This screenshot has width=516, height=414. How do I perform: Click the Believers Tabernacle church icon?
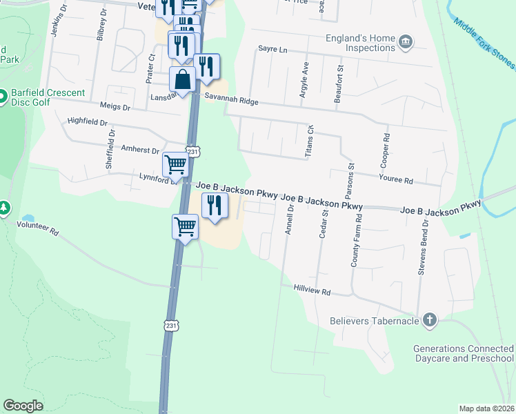[x=429, y=319]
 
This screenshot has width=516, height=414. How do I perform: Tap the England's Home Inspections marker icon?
[x=406, y=43]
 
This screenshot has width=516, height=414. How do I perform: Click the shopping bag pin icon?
[x=183, y=79]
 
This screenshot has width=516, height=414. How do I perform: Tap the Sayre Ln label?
[x=271, y=50]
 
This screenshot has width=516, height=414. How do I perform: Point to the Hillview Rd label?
[x=312, y=292]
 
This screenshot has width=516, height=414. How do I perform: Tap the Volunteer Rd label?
[x=39, y=229]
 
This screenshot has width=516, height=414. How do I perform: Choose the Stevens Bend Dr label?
[x=423, y=248]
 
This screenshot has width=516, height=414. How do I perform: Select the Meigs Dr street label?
[x=115, y=107]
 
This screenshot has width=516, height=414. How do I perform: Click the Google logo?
[x=23, y=406]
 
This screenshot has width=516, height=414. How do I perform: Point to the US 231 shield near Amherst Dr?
[x=194, y=151]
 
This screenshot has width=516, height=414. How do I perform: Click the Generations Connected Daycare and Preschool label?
[x=464, y=354]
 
